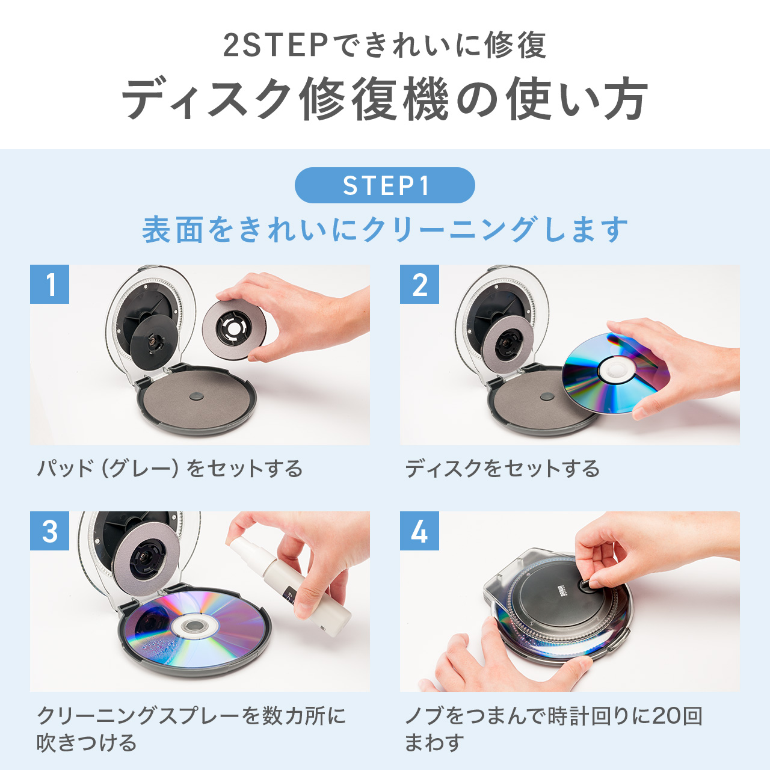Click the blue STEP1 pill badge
pos(384,185)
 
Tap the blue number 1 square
pos(50,285)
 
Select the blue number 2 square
pos(419,285)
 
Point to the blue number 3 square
pos(50,531)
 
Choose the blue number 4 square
pos(419,531)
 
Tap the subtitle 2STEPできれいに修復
pos(384,46)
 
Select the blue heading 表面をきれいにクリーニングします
pos(384,230)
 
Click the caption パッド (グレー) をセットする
pos(170,468)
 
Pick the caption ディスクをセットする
pos(502,468)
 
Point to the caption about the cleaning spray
pos(191,728)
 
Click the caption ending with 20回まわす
pos(553,728)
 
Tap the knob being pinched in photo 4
pos(585,584)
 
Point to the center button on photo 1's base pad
pos(197,396)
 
